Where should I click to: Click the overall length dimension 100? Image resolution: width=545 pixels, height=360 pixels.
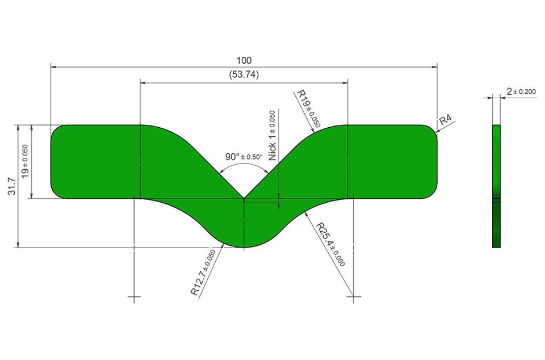pos(244,60)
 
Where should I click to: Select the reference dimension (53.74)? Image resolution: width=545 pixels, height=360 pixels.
pos(244,74)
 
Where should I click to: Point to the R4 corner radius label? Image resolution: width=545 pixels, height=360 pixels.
pos(445,120)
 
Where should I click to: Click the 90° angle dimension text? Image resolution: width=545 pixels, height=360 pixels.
pos(244,157)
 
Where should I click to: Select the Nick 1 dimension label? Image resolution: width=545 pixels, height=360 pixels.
pos(272,136)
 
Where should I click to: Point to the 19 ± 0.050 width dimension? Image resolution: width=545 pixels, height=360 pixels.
pos(25,162)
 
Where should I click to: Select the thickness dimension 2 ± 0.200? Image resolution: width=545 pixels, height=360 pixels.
pos(521,91)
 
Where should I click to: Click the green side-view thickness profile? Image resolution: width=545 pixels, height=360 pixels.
pos(496,186)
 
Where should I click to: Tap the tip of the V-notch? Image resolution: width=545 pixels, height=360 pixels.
pos(244,198)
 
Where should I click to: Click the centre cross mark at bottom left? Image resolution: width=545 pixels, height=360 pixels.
pos(134,297)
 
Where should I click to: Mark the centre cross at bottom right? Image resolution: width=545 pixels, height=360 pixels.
pos(354,297)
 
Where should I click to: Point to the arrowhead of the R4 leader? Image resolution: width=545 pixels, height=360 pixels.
pos(437,131)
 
